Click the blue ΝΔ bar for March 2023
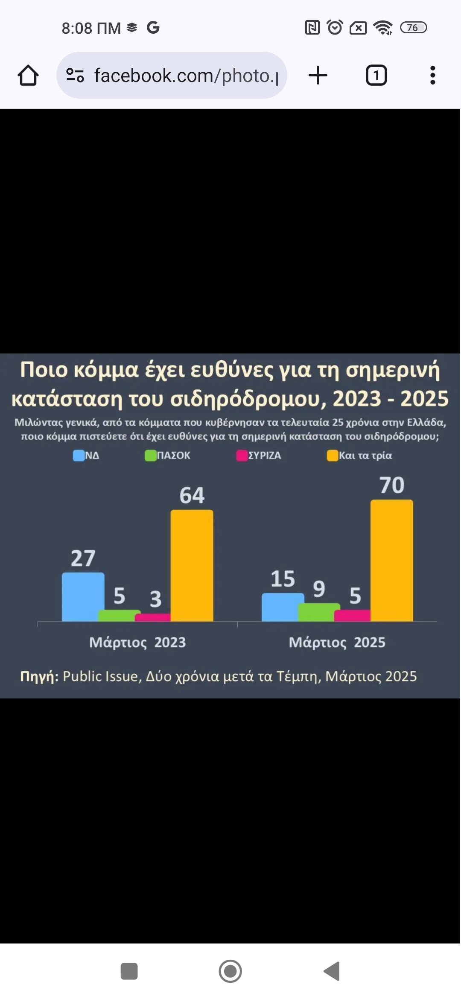[x=83, y=596]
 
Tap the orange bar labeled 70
[x=391, y=560]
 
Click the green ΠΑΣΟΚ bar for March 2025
[x=319, y=612]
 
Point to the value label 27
[x=83, y=558]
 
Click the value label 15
[x=283, y=579]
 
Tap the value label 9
[x=319, y=589]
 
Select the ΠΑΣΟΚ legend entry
[x=168, y=456]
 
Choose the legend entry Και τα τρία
[x=359, y=456]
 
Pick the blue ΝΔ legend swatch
[x=79, y=456]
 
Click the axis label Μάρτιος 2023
[x=137, y=642]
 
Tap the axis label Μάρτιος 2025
[x=337, y=642]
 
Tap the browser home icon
[x=28, y=76]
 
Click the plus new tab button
[x=318, y=76]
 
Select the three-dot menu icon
[x=432, y=76]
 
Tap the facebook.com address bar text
[x=186, y=76]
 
